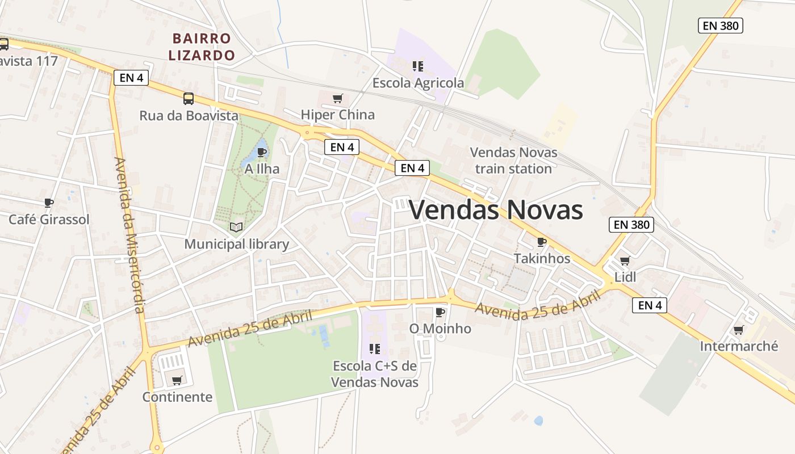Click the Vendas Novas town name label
[x=496, y=210]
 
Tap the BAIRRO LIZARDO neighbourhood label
[x=203, y=47]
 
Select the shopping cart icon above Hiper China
[x=338, y=98]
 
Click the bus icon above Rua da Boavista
[x=189, y=99]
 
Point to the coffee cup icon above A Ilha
[x=262, y=152]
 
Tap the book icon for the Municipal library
[x=236, y=228]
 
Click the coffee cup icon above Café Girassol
[x=49, y=203]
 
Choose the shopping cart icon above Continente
[x=177, y=380]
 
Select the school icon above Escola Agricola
[x=418, y=66]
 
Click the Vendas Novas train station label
[x=513, y=161]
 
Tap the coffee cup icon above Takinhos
[x=542, y=242]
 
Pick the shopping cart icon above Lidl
[x=625, y=260]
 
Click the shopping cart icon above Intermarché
[x=739, y=330]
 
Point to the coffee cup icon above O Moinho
[x=440, y=312]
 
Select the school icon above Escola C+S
[x=374, y=349]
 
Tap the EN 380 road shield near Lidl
[x=631, y=225]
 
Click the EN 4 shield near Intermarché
[x=650, y=305]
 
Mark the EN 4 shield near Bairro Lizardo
[x=131, y=78]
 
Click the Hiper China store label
[x=338, y=115]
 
